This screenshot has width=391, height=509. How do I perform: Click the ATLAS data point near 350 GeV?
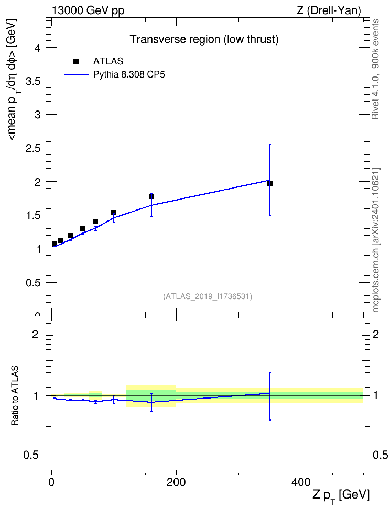(x=270, y=183)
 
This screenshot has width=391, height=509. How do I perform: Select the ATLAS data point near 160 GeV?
(x=151, y=196)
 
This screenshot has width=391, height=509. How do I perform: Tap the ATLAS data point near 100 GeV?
(x=114, y=213)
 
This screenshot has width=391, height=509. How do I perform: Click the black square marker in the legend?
(x=76, y=62)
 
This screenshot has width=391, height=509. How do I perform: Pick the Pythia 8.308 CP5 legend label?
(x=129, y=75)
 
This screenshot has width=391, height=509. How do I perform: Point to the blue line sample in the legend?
(x=77, y=75)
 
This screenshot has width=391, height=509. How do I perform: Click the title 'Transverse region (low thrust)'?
(x=204, y=39)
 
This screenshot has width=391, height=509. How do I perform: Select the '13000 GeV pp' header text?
(x=88, y=10)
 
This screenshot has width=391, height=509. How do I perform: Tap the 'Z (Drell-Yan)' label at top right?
(x=329, y=10)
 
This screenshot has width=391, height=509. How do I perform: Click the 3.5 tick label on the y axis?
(x=33, y=81)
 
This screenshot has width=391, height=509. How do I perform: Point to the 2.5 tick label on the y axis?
(x=33, y=148)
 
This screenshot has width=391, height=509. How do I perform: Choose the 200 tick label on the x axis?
(x=176, y=482)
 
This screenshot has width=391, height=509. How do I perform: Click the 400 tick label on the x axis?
(x=301, y=482)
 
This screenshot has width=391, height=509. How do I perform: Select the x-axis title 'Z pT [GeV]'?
(x=341, y=496)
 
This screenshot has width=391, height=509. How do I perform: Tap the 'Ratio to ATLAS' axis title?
(x=15, y=396)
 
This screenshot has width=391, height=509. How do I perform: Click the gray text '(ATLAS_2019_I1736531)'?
(x=208, y=296)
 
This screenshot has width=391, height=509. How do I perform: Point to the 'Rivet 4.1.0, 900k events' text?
(x=375, y=69)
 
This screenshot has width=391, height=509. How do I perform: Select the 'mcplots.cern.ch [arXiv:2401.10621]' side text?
(x=376, y=240)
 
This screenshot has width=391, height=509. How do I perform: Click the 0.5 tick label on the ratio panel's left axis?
(x=31, y=456)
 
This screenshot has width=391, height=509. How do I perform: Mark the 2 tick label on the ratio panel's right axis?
(x=376, y=334)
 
